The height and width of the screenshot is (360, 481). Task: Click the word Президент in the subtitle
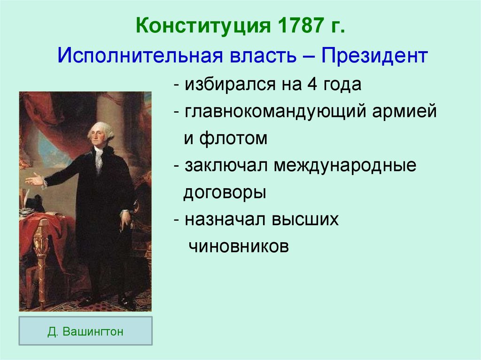click(x=374, y=56)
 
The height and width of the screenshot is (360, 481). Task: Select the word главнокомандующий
click(x=275, y=112)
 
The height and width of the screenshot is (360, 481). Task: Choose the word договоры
click(x=225, y=193)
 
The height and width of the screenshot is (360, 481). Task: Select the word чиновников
click(x=238, y=246)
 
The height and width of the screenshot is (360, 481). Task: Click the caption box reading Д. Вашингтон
click(x=85, y=331)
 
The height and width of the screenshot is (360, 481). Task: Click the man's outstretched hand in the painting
click(x=33, y=179)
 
